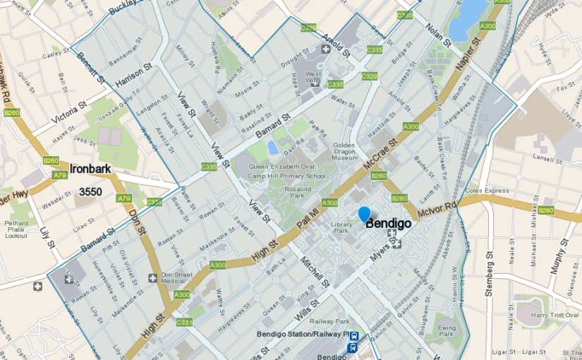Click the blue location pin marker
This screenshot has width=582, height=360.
coord(364,214)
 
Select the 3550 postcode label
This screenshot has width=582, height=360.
coord(90,191)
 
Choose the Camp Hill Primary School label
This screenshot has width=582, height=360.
coord(286,176)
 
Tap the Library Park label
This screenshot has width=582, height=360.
coord(341,227)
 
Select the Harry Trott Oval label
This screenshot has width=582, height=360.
coord(540,315)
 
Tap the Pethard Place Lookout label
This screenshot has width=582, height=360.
coord(16,229)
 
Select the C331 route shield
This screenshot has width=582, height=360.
coord(184,322)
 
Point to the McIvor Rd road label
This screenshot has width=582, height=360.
coord(437,207)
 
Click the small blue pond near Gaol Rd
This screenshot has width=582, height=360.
coord(273,148)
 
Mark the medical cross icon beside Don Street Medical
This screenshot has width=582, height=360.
coord(153,277)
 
